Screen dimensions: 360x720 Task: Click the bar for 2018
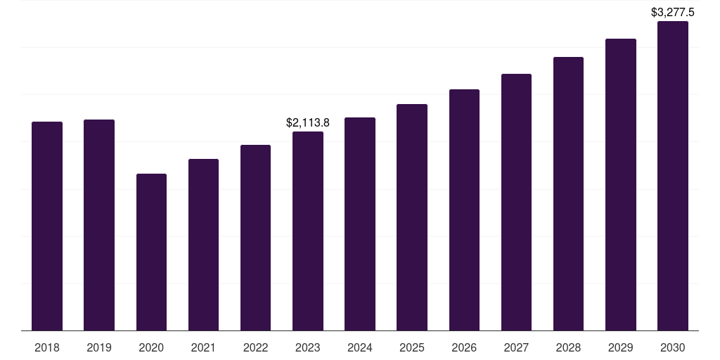(47, 226)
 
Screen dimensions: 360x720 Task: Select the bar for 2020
(151, 252)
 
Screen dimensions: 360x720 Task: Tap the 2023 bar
(308, 231)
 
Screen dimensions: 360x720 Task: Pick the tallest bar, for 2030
(673, 176)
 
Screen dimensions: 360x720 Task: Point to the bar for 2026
(464, 210)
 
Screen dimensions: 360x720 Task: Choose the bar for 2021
(203, 245)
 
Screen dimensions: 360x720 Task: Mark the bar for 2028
(568, 193)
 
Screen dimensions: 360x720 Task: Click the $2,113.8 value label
(308, 122)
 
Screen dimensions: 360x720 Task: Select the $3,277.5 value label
(673, 12)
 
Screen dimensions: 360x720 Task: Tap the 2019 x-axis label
(99, 347)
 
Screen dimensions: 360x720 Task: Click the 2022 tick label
(255, 347)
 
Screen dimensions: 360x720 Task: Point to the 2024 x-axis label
(360, 347)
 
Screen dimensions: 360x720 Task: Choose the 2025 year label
(412, 347)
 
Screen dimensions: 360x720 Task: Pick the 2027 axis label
(516, 347)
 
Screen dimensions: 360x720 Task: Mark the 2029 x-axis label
(621, 347)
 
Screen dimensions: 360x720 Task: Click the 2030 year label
(673, 347)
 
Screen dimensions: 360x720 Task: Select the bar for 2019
(99, 225)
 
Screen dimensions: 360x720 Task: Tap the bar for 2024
(360, 224)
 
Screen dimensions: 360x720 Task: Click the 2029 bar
(621, 184)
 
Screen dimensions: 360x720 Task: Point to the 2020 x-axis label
(151, 347)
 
